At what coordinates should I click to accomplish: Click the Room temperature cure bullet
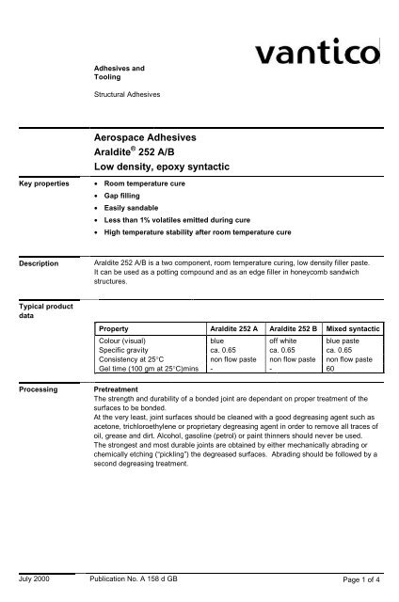pyautogui.click(x=150, y=182)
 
